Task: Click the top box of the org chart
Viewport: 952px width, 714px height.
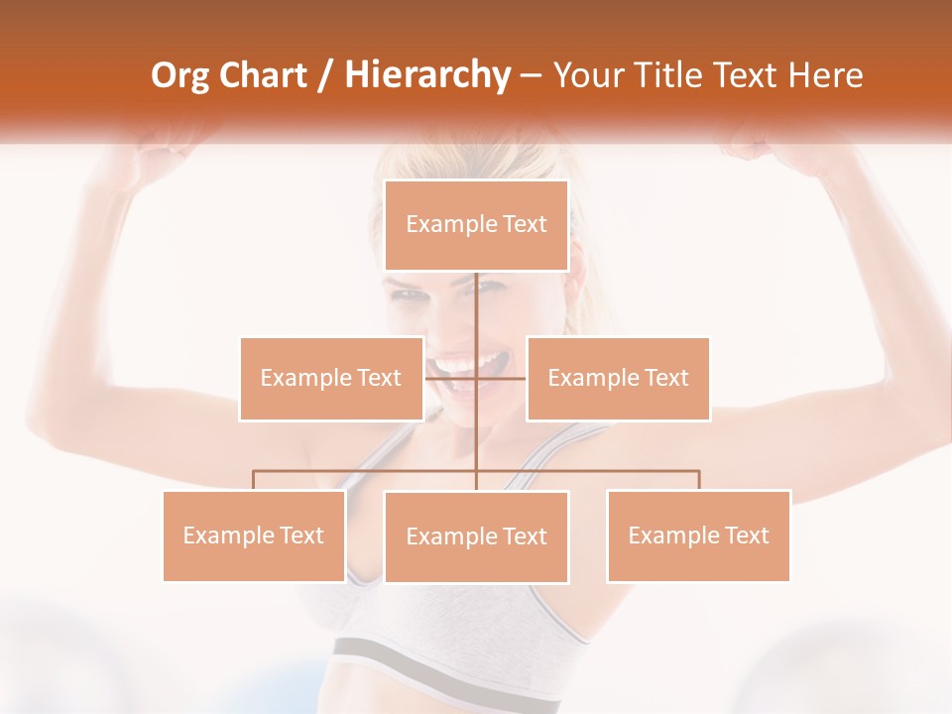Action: tap(476, 225)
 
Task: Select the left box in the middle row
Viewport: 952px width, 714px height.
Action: tap(330, 378)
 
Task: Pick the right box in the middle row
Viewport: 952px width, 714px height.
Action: tap(618, 378)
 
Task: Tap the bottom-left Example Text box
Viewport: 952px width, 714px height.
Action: tap(253, 535)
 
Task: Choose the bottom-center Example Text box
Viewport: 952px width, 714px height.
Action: tap(476, 536)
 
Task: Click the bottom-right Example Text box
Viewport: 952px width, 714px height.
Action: tap(698, 535)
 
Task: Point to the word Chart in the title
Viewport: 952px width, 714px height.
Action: tap(262, 75)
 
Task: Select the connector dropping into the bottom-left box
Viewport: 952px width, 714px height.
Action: tap(253, 480)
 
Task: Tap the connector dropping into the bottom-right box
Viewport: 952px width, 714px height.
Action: tap(698, 480)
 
